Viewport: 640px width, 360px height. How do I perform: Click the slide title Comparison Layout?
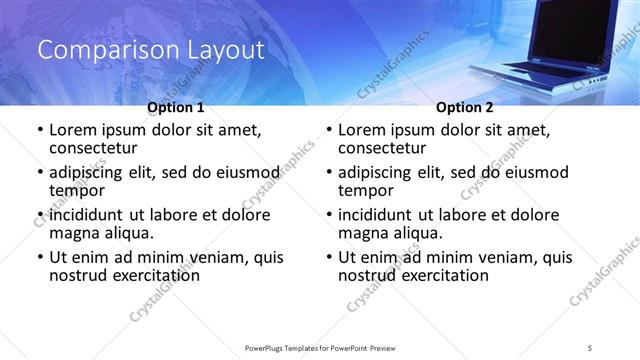tap(151, 49)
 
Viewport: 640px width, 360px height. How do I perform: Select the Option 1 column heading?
tap(176, 107)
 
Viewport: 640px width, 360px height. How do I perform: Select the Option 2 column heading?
tap(465, 107)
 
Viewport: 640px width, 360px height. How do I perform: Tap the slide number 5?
tap(590, 347)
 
